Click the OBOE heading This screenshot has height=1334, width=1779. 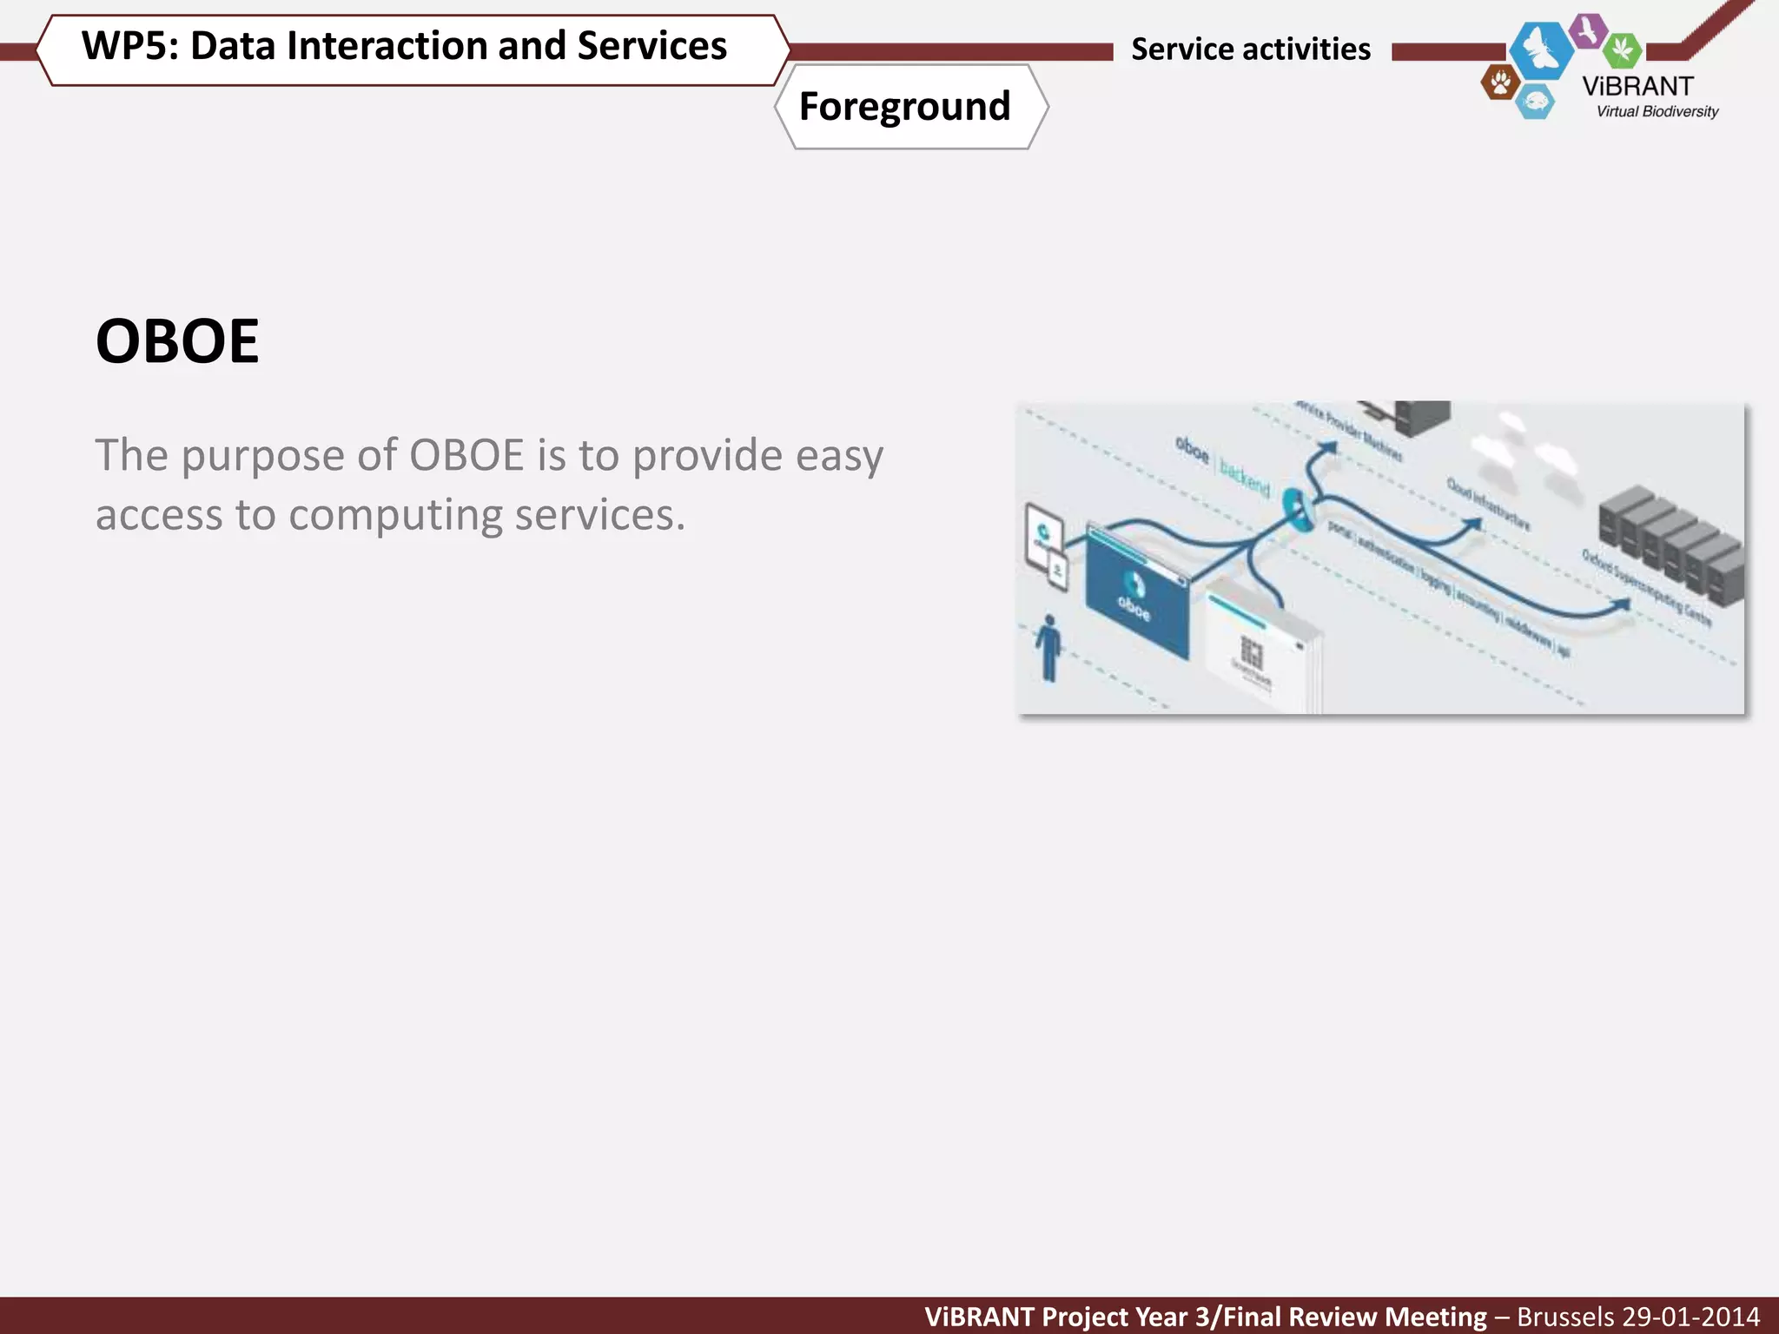tap(177, 341)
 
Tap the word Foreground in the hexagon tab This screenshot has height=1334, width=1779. tap(904, 107)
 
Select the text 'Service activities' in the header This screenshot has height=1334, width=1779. tap(1250, 50)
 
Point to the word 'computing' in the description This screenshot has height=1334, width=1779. tap(397, 515)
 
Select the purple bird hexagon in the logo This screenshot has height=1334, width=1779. tap(1589, 31)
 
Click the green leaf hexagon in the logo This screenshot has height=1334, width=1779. tap(1621, 50)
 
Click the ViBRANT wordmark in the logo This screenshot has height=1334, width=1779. tap(1637, 87)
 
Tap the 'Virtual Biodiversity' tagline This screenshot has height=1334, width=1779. tap(1657, 111)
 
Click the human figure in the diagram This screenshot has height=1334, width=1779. tap(1049, 648)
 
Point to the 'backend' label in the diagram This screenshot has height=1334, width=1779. tap(1244, 477)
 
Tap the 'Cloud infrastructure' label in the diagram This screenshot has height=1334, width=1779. tap(1487, 503)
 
